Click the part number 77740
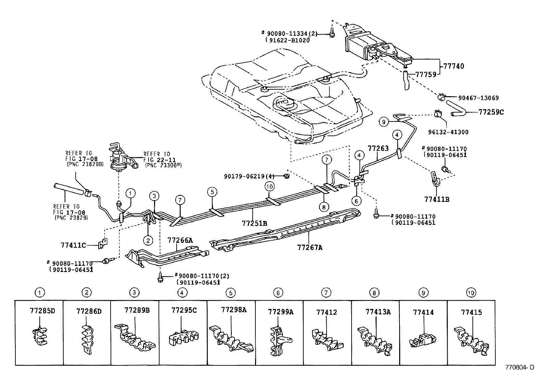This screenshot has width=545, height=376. [454, 66]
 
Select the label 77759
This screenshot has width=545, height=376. [426, 74]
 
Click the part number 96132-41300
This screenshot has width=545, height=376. [448, 132]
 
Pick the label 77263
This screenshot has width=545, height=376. [378, 148]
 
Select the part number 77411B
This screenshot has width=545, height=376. [437, 199]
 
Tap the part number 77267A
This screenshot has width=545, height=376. [310, 247]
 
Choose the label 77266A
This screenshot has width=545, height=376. [180, 241]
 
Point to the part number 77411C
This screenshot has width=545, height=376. [73, 245]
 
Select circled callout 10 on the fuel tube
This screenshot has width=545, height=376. [269, 186]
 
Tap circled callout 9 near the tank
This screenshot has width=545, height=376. [384, 121]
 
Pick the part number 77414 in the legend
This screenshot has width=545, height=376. [423, 312]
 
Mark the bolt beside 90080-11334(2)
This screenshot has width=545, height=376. [332, 33]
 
